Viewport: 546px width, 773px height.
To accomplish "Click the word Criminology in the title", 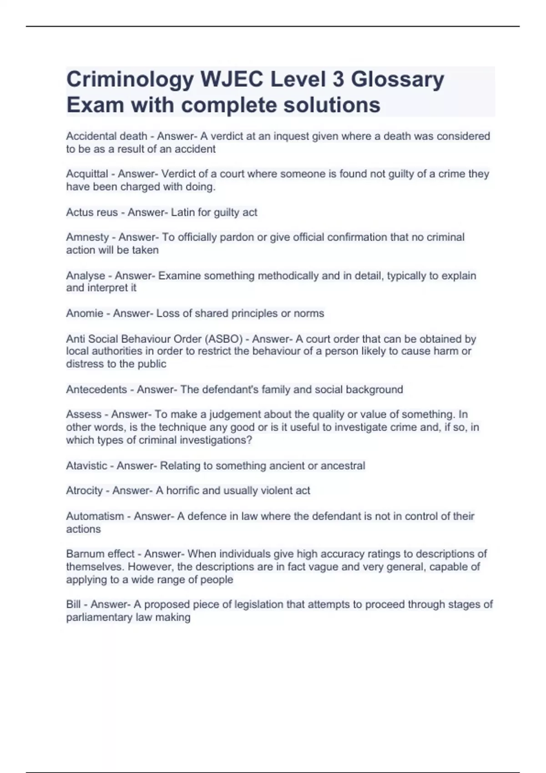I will coord(130,80).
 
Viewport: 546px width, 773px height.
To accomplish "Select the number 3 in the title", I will coord(338,80).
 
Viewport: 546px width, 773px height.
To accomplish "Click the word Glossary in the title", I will coord(398,80).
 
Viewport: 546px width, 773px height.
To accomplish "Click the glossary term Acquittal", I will coord(87,174).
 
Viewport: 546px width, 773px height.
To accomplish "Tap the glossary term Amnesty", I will coord(87,237).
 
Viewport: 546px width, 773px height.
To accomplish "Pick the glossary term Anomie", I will coord(85,313).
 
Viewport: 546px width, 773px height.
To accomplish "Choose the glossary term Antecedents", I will coord(96,390).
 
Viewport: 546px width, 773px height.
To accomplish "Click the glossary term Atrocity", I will coord(84,491).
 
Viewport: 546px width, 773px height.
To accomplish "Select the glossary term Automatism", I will coord(95,517).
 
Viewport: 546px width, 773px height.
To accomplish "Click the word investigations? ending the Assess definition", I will coord(216,440).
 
